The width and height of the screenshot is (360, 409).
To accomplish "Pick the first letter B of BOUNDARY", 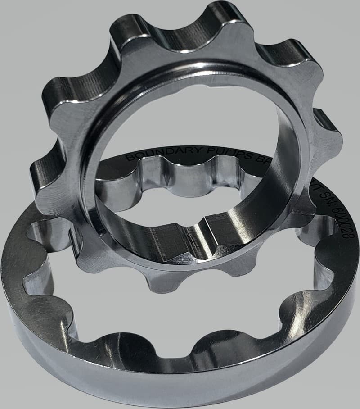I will coord(129,157).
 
